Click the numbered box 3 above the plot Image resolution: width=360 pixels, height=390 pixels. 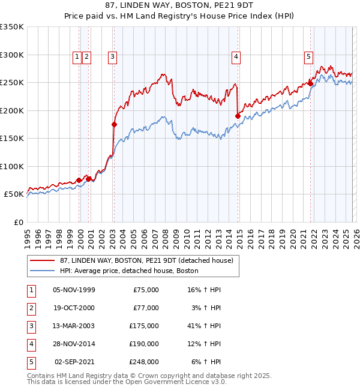click(x=112, y=57)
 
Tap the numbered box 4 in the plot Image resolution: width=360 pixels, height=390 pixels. click(x=236, y=57)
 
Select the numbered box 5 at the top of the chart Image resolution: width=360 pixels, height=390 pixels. click(x=308, y=57)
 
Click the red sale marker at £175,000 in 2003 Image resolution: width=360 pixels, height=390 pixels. click(x=114, y=125)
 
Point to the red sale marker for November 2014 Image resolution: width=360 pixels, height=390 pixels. click(x=238, y=116)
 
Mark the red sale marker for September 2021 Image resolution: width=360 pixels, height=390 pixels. click(x=311, y=83)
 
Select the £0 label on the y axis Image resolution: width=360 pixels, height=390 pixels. click(x=18, y=223)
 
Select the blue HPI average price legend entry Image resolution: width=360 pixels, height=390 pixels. click(x=129, y=271)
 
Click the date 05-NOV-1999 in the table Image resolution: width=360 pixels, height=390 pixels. click(x=74, y=290)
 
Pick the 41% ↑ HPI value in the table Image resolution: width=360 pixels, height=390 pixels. click(x=205, y=326)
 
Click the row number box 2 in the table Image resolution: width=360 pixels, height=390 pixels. click(x=29, y=308)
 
